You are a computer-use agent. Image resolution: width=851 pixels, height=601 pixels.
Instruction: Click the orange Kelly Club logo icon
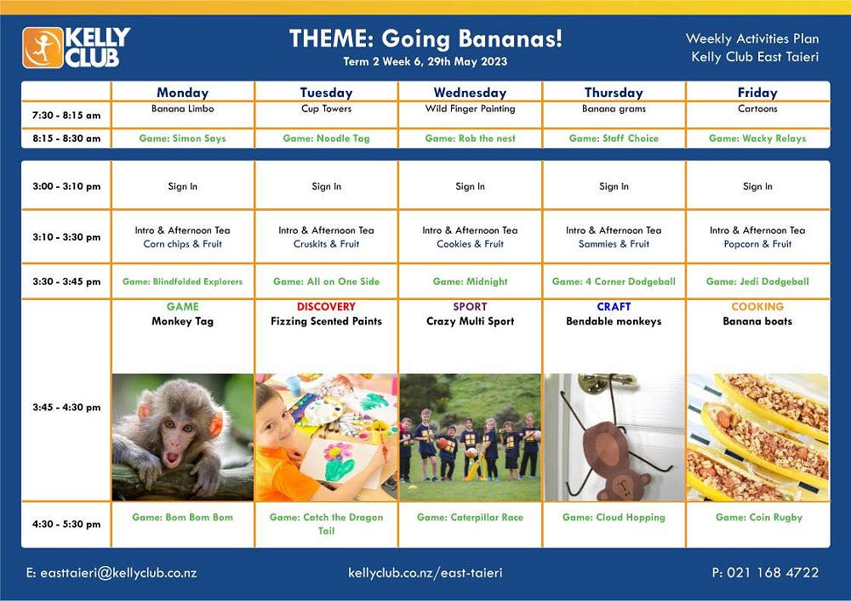[x=43, y=48]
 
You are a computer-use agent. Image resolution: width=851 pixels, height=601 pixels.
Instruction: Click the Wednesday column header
[x=470, y=93]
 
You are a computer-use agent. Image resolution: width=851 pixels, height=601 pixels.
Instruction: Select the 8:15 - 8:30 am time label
[x=66, y=139]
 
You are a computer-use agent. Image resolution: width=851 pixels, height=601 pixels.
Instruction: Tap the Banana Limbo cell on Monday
[x=182, y=109]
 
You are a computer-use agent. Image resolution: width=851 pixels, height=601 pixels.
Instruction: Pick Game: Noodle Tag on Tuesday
[x=326, y=139]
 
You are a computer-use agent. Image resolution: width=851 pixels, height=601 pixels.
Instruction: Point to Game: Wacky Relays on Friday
[x=757, y=139]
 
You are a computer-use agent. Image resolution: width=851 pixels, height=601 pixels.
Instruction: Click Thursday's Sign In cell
[x=614, y=186]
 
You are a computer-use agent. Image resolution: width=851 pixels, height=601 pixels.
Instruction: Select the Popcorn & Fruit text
[x=757, y=244]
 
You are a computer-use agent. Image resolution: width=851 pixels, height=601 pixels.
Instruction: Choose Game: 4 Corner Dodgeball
[x=614, y=281]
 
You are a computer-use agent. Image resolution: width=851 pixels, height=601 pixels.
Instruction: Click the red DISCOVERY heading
[x=326, y=306]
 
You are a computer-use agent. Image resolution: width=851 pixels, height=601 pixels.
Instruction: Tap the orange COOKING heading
[x=757, y=306]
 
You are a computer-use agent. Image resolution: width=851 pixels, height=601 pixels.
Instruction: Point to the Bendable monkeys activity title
[x=614, y=321]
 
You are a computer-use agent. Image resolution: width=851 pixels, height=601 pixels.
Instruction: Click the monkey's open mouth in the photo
[x=172, y=458]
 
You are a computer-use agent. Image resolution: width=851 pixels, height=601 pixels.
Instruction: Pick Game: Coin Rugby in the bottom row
[x=759, y=518]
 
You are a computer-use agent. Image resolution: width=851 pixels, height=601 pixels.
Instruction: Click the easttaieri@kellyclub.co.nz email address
[x=111, y=573]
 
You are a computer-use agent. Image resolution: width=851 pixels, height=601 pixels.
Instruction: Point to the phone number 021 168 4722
[x=765, y=573]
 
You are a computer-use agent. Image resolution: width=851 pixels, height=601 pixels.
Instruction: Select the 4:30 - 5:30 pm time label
[x=66, y=524]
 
